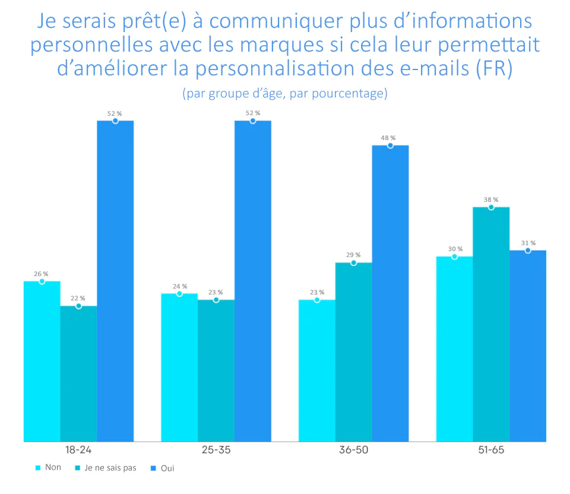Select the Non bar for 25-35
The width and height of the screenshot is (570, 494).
tap(179, 368)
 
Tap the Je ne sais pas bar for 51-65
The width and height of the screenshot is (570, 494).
tap(491, 324)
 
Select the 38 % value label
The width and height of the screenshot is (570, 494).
tap(490, 199)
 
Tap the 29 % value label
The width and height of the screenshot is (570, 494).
tap(353, 255)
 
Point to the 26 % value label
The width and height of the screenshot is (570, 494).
tap(41, 274)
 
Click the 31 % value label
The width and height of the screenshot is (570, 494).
tap(528, 243)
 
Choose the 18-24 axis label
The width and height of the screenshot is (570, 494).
tap(78, 450)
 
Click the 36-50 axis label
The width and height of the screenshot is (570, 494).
tap(353, 450)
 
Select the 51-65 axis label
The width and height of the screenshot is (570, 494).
tap(490, 450)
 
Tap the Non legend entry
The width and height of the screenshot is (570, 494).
tap(49, 468)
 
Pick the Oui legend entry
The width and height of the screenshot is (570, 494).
tap(163, 468)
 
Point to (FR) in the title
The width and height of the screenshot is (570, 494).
tap(494, 68)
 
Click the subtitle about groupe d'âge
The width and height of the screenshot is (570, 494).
tap(284, 94)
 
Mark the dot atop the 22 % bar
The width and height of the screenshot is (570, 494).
tap(78, 306)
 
